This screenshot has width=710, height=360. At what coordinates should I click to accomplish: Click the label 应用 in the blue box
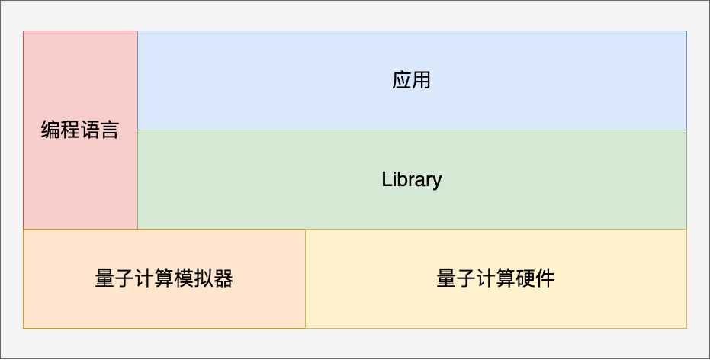click(411, 80)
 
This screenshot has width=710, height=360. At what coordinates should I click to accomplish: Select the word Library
click(412, 180)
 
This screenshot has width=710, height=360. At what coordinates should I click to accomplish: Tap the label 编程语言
click(80, 130)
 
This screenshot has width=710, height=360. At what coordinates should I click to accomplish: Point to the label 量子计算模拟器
click(164, 278)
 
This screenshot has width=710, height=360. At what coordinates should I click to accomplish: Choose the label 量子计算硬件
click(496, 278)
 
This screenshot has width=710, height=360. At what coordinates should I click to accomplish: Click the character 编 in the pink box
click(50, 130)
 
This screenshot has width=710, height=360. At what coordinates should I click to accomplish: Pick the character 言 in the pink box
click(110, 130)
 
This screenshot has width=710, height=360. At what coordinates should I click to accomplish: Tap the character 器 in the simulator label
click(223, 278)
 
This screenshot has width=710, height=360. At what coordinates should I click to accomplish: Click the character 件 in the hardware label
click(545, 278)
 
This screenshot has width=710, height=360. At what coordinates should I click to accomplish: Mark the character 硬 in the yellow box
click(525, 278)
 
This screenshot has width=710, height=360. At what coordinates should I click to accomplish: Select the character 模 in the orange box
click(184, 278)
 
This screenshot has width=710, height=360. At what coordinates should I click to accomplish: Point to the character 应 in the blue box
click(402, 80)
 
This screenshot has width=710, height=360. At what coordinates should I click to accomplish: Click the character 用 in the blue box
click(421, 80)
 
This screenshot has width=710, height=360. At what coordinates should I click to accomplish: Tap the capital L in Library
click(386, 179)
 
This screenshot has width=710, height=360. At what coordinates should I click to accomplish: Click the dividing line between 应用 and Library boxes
click(412, 130)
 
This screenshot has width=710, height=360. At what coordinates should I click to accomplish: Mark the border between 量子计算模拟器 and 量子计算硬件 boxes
click(306, 278)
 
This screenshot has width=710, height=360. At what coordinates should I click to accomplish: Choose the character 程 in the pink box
click(70, 130)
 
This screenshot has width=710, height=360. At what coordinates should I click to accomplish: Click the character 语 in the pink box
click(90, 130)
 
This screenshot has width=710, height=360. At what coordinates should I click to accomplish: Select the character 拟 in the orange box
click(204, 278)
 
